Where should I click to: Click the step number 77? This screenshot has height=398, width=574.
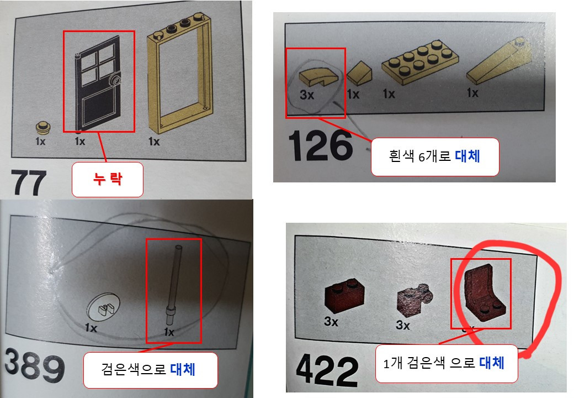(x=28, y=182)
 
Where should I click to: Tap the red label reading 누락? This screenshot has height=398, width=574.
(x=107, y=179)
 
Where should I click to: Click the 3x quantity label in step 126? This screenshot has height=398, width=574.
(x=307, y=95)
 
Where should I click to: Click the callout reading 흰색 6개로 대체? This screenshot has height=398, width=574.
(x=434, y=156)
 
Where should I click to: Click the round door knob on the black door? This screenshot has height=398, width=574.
(x=115, y=81)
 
